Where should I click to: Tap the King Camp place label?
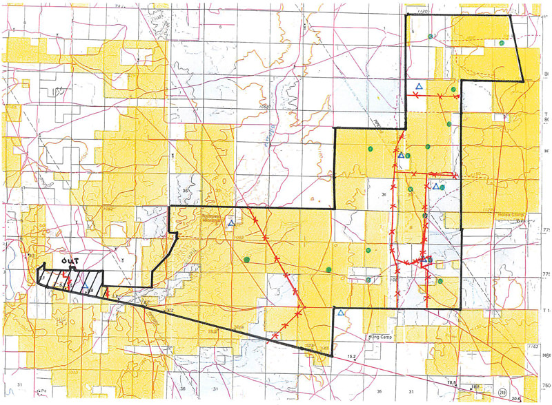tap(376, 339)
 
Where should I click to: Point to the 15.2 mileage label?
tap(351, 356)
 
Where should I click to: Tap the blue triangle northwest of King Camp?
tap(341, 313)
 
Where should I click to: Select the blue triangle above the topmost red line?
tap(419, 86)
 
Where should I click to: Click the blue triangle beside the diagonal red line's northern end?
tap(232, 222)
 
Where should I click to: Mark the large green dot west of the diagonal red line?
tap(246, 260)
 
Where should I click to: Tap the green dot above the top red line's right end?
tap(453, 90)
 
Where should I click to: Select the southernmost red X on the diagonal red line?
tap(275, 335)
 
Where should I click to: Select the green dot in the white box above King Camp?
tap(368, 280)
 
